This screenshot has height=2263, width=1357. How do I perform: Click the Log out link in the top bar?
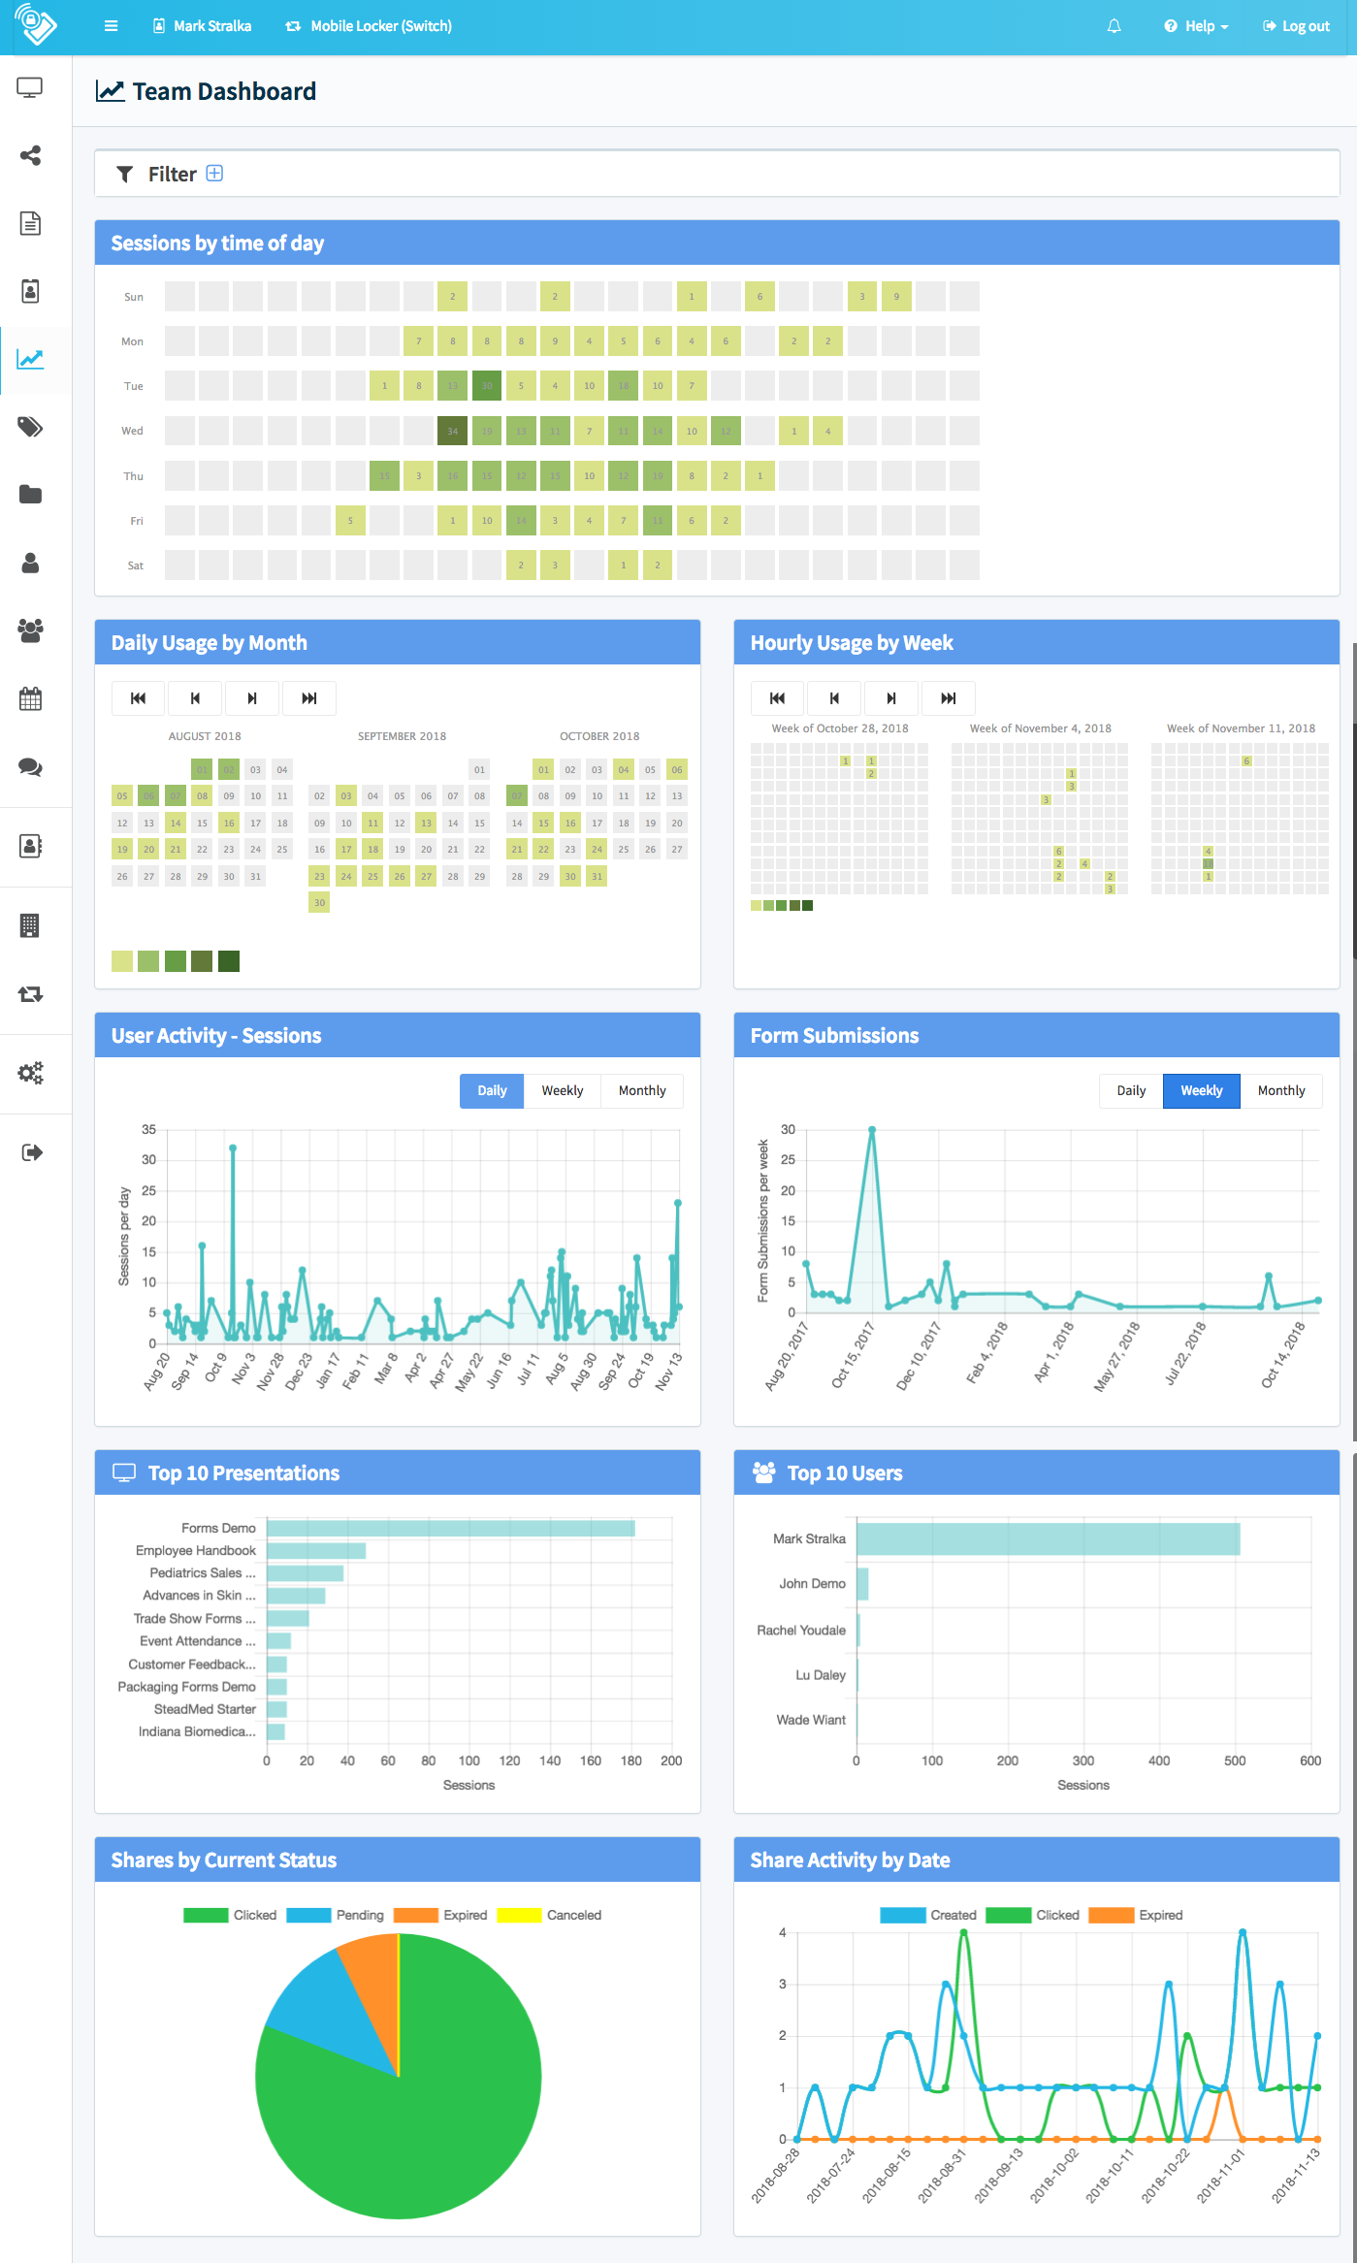[1296, 26]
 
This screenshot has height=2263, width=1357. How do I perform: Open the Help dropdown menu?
[1197, 26]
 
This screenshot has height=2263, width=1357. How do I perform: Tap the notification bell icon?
[1114, 26]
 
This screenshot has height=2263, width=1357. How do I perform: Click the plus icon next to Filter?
[215, 174]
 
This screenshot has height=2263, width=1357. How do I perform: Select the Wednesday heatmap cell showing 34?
[452, 431]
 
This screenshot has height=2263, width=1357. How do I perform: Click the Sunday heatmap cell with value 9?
[896, 297]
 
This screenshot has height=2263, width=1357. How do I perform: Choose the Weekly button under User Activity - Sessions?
[562, 1090]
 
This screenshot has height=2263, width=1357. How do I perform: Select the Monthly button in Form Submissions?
[1280, 1090]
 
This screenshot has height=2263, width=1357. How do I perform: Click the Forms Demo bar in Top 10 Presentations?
[450, 1528]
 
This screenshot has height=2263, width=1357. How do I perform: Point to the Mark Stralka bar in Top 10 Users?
[1048, 1538]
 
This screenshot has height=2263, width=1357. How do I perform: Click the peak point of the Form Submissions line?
[872, 1130]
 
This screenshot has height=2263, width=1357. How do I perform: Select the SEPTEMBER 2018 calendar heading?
[402, 736]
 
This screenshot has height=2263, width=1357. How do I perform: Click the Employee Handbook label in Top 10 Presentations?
[196, 1550]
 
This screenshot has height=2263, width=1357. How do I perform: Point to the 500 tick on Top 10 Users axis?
[1235, 1761]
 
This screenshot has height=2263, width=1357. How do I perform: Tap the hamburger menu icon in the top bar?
[112, 26]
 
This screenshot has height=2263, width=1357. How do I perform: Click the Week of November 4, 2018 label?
[1040, 728]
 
